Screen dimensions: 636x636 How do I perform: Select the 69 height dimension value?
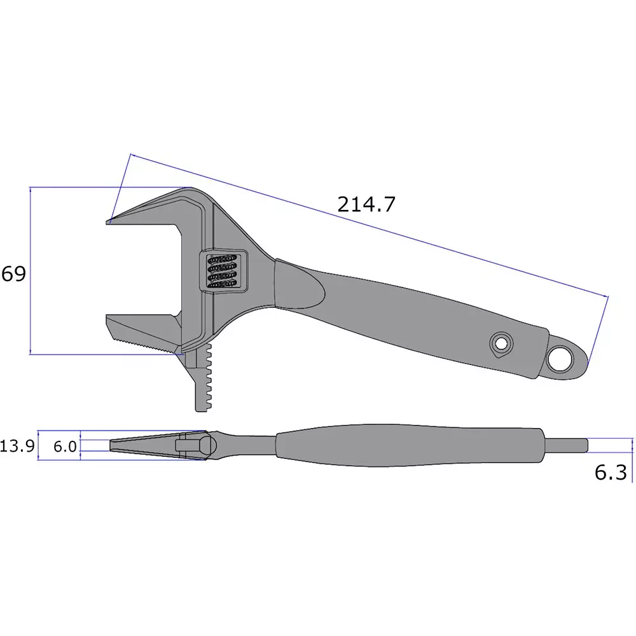pos(13,274)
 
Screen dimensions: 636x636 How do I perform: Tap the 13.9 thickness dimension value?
pos(17,446)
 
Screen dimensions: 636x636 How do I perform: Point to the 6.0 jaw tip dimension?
pos(64,446)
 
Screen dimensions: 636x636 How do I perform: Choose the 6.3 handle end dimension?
pos(611,473)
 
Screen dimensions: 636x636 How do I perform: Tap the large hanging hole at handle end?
pos(561,359)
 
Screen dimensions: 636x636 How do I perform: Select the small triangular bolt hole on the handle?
pos(501,345)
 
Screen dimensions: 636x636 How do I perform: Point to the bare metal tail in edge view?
pos(566,445)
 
